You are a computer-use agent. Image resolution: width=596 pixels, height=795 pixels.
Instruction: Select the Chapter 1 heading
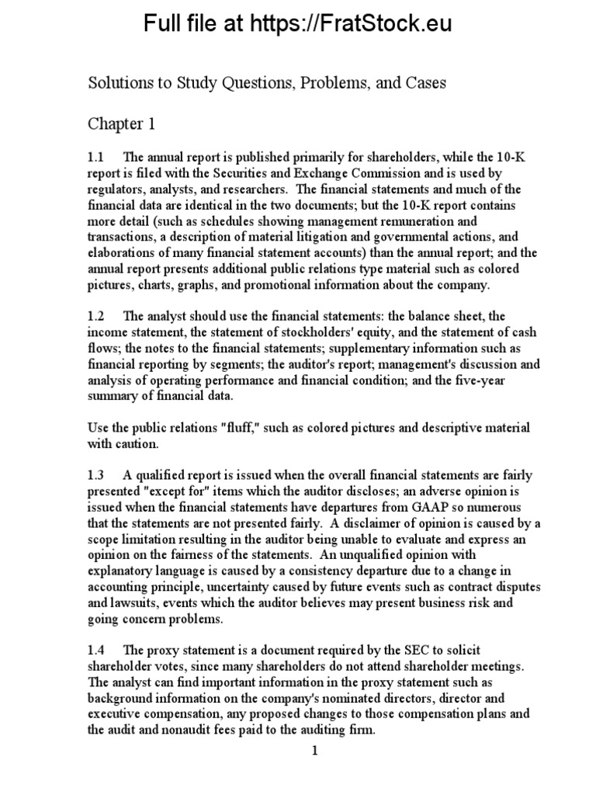(115, 124)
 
